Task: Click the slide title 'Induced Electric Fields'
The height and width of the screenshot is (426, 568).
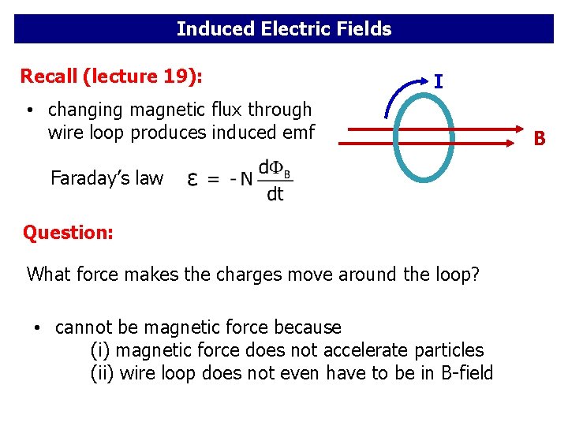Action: pos(284,29)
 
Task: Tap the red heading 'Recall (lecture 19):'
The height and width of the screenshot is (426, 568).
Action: pos(111,77)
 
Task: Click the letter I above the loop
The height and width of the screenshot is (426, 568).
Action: pos(438,81)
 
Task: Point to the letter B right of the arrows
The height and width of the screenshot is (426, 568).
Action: pos(540,139)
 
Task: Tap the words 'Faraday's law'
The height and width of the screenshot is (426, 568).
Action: pos(106,178)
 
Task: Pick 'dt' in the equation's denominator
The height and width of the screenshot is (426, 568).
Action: pos(275,194)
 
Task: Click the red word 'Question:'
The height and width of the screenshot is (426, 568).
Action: pos(68,233)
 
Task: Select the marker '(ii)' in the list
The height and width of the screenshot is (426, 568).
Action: pos(103,372)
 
